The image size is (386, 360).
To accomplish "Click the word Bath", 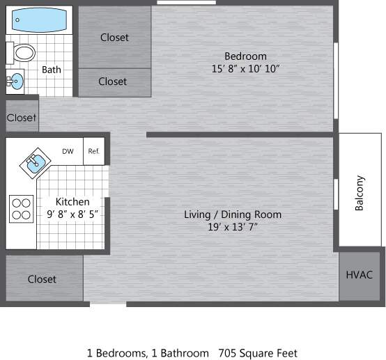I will pyautogui.click(x=52, y=70).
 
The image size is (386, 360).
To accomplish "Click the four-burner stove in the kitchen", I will pyautogui.click(x=21, y=208).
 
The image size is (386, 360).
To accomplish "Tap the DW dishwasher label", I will pyautogui.click(x=68, y=151).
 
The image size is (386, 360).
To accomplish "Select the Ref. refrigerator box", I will pyautogui.click(x=93, y=151).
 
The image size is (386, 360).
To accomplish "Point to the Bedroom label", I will pyautogui.click(x=245, y=56).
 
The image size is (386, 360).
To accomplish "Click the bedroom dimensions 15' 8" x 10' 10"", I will pyautogui.click(x=245, y=69).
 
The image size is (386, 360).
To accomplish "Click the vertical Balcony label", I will pyautogui.click(x=360, y=192).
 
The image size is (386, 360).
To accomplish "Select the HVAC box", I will pyautogui.click(x=360, y=274).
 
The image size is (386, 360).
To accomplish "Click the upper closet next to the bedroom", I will pyautogui.click(x=114, y=37).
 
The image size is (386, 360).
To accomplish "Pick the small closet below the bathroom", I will pyautogui.click(x=22, y=118).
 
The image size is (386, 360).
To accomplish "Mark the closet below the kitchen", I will pyautogui.click(x=42, y=279).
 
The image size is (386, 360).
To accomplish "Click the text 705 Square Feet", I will pyautogui.click(x=258, y=353).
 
